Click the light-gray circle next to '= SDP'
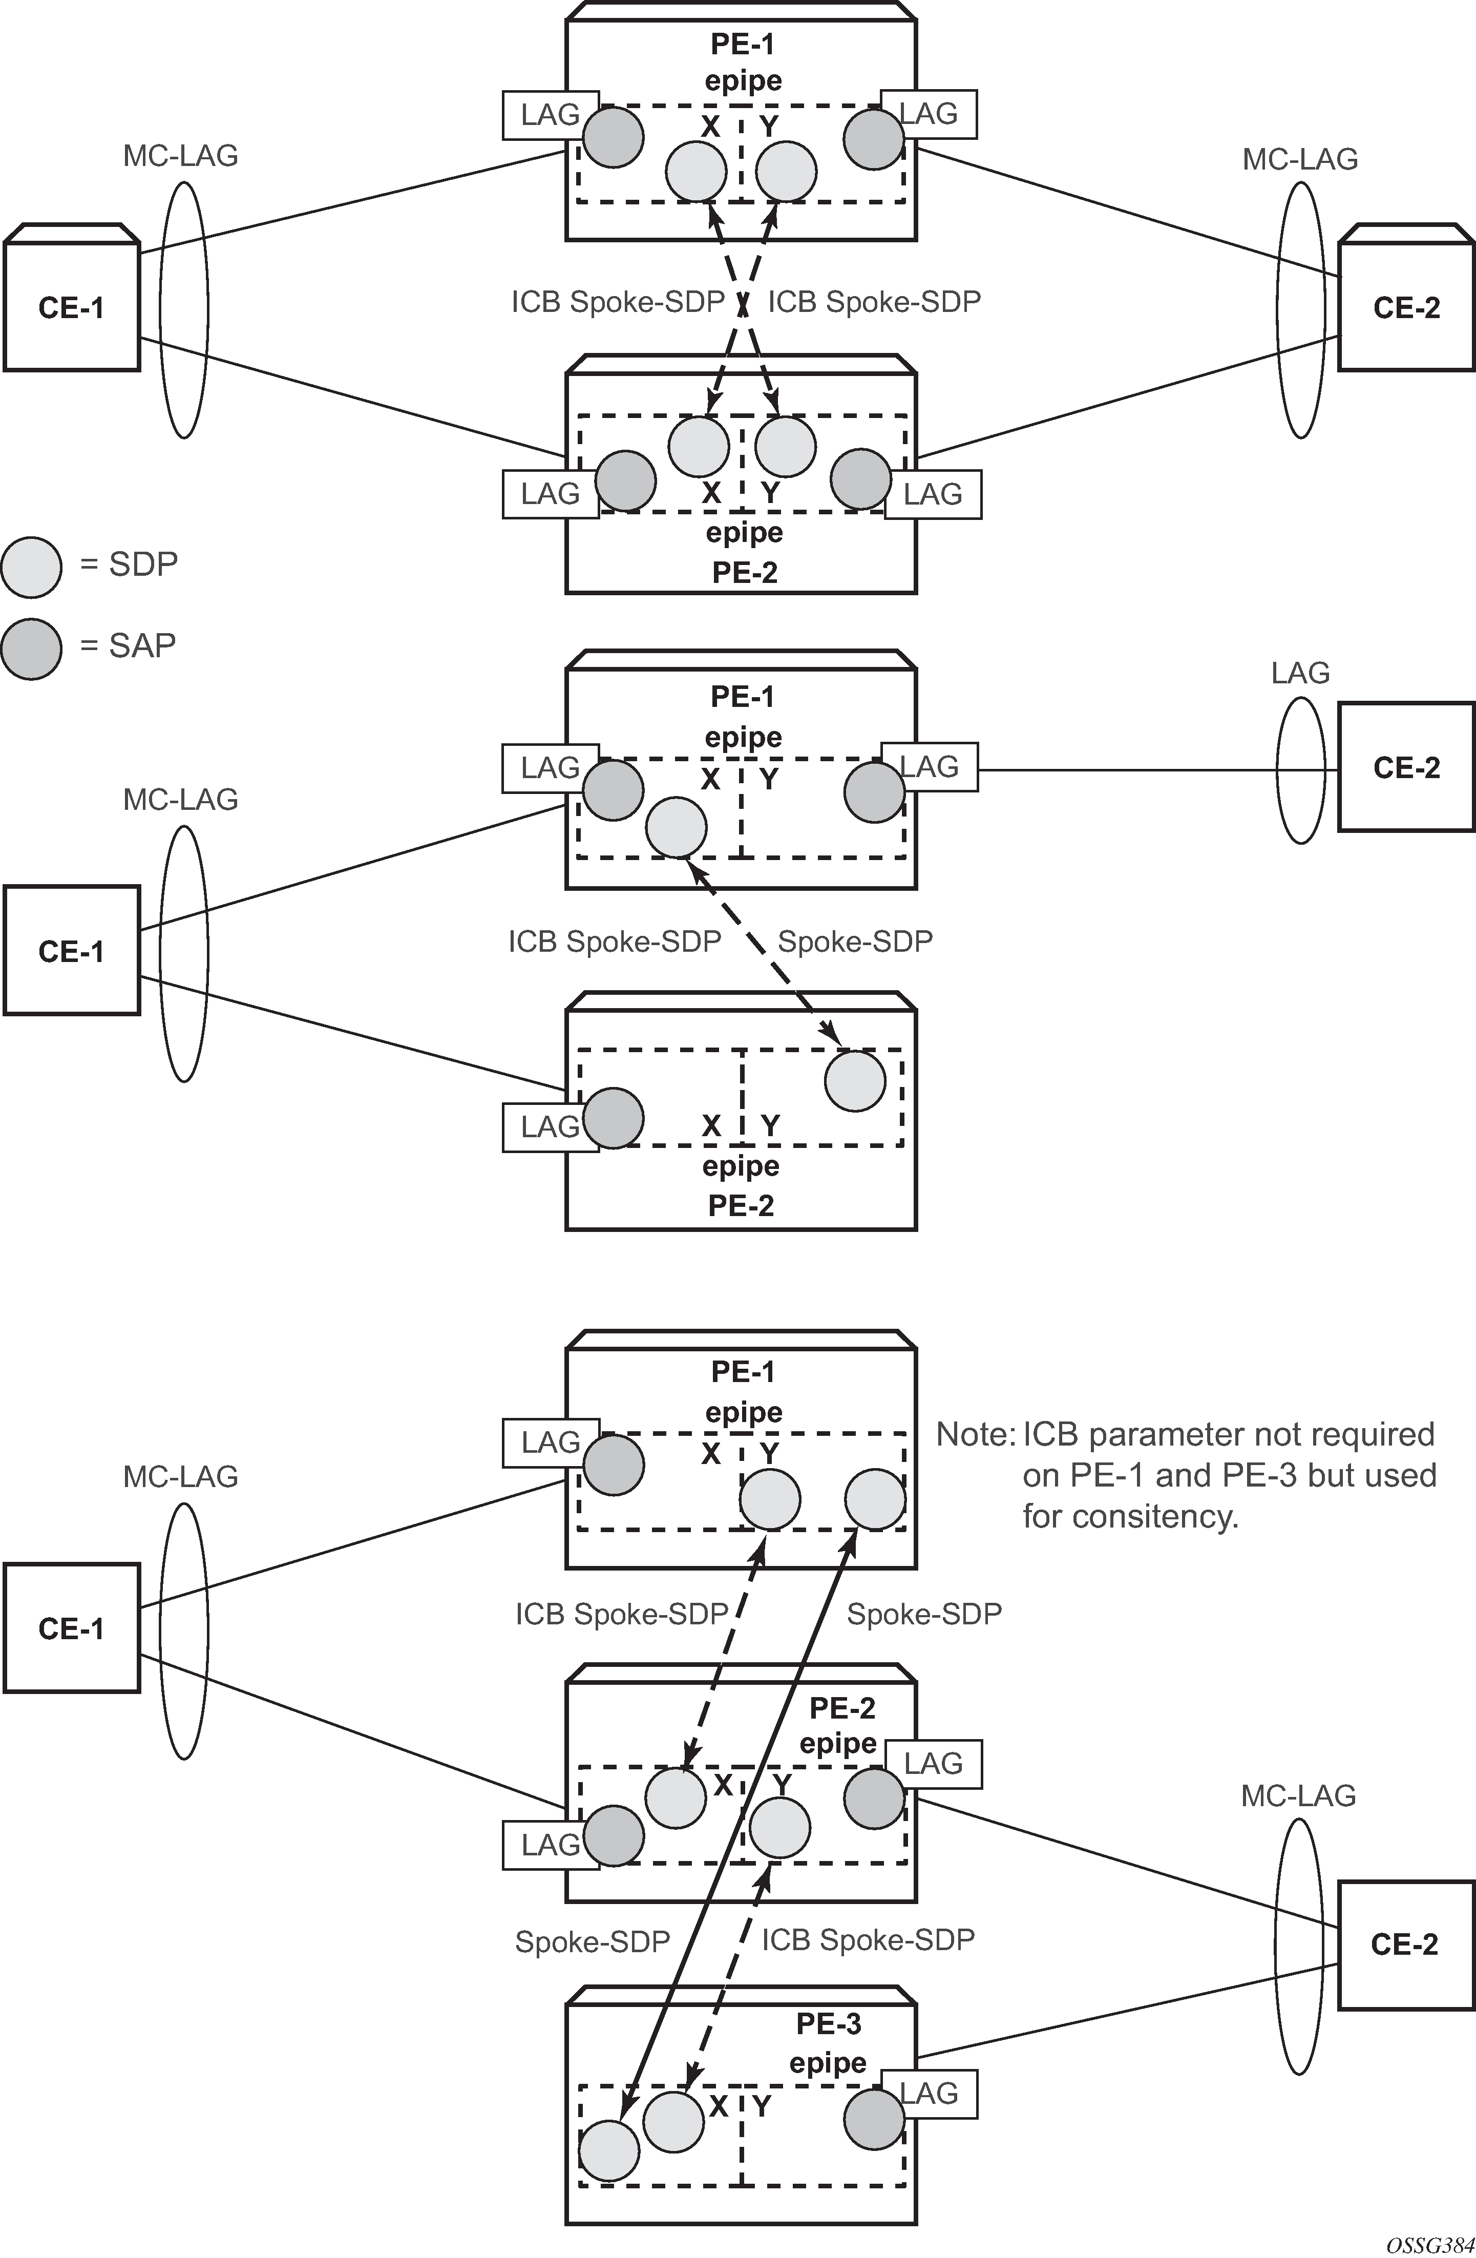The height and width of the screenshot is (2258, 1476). (31, 568)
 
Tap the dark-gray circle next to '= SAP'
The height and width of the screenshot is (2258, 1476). (31, 649)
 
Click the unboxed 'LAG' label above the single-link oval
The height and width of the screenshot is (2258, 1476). (1299, 673)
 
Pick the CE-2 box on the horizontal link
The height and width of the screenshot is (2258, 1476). (1406, 767)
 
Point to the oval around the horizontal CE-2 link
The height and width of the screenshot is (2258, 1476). (1299, 770)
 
